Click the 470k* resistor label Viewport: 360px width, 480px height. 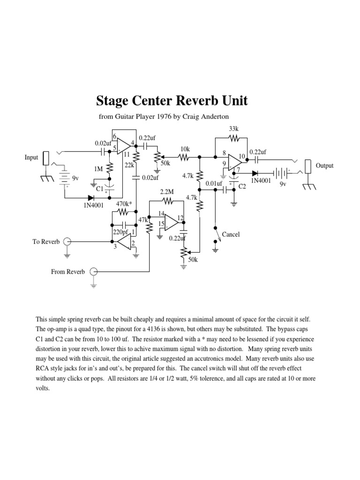(x=123, y=204)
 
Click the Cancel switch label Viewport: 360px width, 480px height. (x=231, y=234)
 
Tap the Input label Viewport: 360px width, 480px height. (x=31, y=157)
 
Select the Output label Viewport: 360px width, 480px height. (x=324, y=165)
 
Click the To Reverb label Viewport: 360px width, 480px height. (x=46, y=241)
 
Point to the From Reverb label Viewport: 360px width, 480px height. (x=68, y=271)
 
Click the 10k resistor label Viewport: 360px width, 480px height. (x=185, y=149)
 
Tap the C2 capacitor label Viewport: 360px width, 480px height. (x=242, y=187)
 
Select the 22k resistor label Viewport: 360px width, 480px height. (x=130, y=165)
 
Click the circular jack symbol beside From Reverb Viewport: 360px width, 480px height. (x=93, y=271)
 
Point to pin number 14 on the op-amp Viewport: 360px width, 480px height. (x=161, y=214)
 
